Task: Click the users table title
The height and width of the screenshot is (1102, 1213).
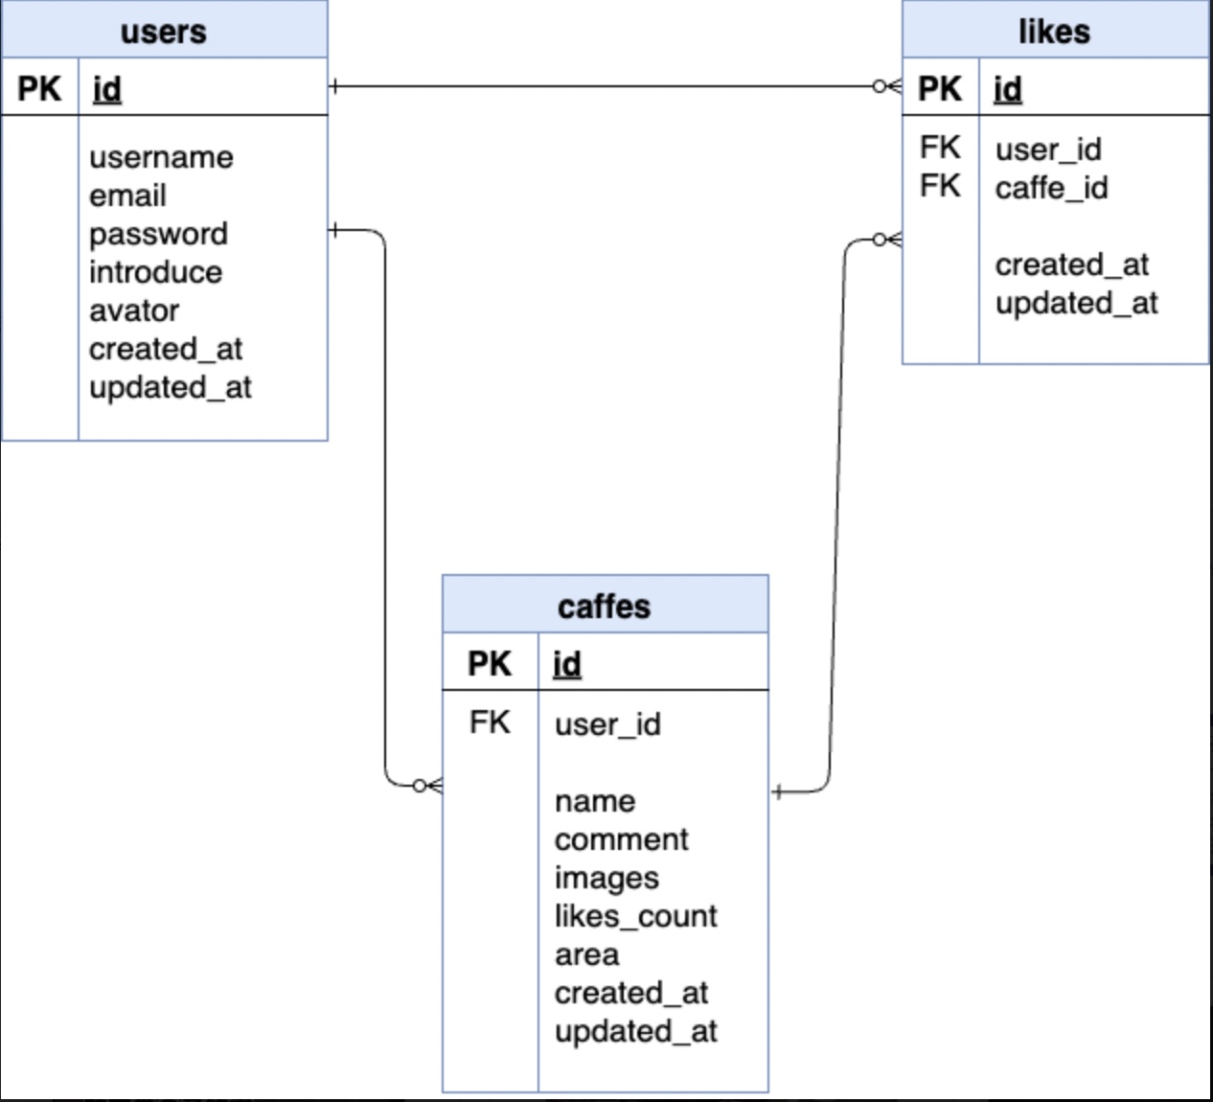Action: pos(163,32)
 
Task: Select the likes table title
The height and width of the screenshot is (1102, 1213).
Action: pos(1054,32)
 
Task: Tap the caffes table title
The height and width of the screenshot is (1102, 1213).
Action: pos(604,607)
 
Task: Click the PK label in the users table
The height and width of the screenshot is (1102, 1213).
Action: pos(39,89)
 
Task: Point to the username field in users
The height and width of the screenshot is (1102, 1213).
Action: pos(161,157)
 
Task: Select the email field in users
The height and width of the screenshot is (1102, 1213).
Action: pos(127,195)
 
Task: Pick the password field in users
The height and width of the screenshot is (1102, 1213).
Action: pos(158,234)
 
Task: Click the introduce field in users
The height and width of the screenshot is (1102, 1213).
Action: pos(155,272)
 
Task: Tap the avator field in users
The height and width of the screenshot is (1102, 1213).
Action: pos(134,310)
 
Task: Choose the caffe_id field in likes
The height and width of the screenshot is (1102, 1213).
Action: pos(1051,188)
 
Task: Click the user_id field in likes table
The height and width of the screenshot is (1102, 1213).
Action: pos(1048,149)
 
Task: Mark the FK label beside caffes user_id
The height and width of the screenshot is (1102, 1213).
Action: pos(490,722)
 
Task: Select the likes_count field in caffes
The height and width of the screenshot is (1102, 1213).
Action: pos(635,916)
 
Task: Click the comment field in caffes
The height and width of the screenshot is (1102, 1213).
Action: pos(621,839)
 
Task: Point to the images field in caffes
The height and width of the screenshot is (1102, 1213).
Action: pos(606,878)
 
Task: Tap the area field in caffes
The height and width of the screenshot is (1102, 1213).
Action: pos(586,954)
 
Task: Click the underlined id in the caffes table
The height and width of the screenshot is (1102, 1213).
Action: pos(567,664)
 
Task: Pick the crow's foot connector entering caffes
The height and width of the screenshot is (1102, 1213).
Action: pos(428,786)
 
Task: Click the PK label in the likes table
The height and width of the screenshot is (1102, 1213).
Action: pos(940,89)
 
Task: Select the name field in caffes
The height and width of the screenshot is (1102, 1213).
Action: pos(594,801)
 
